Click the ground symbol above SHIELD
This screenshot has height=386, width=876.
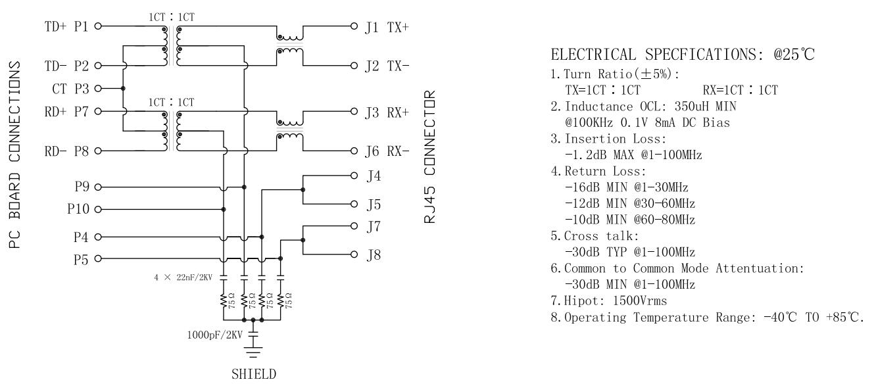tap(254, 352)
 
